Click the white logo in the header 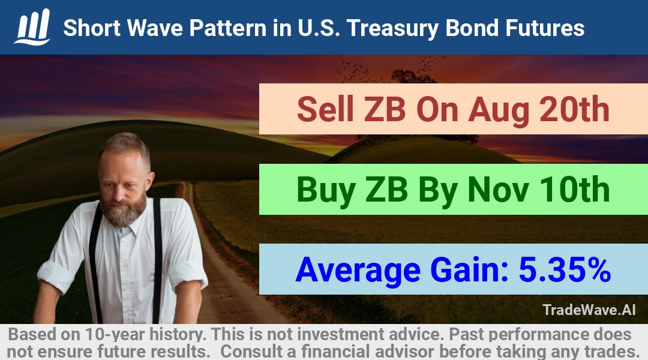[32, 27]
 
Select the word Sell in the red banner [325, 109]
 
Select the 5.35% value [565, 269]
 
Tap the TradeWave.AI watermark [589, 310]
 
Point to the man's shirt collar [124, 226]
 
